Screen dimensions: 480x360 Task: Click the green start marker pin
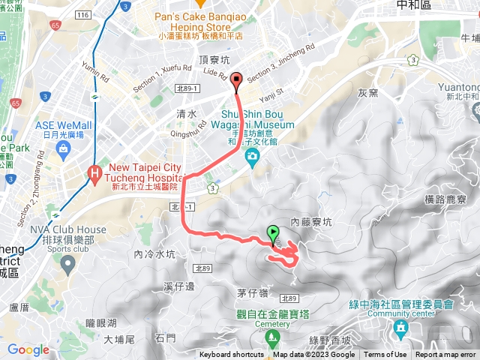[272, 234]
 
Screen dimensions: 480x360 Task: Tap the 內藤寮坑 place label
[310, 222]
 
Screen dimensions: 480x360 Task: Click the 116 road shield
[83, 15]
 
